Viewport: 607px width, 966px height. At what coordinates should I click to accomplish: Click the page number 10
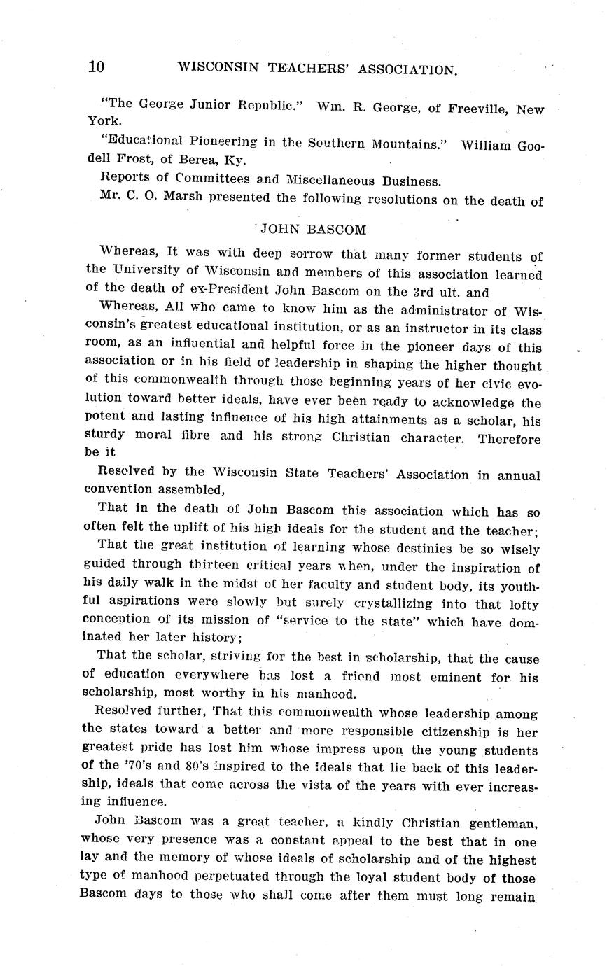tap(96, 66)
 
